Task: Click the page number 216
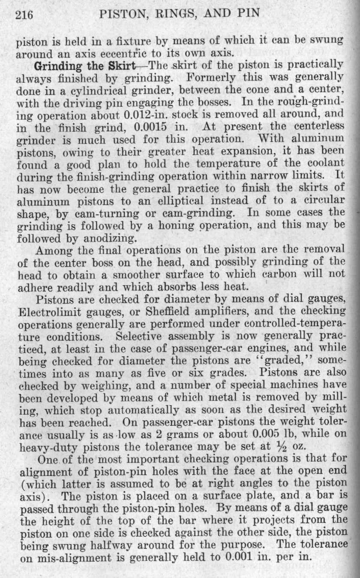(x=25, y=14)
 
